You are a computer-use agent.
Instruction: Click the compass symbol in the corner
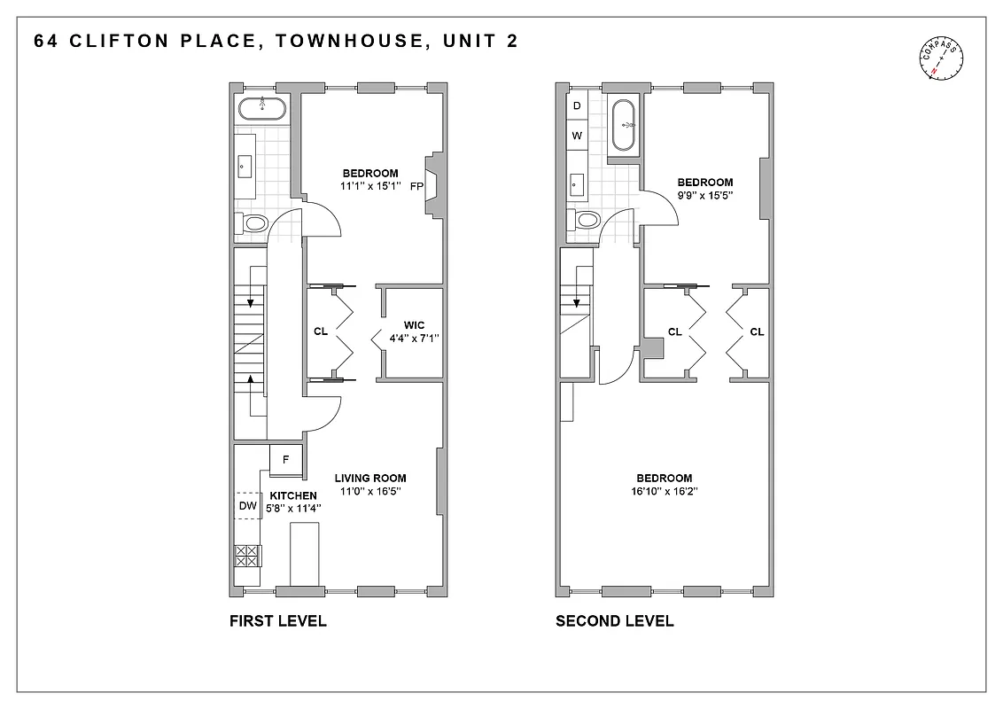pyautogui.click(x=942, y=61)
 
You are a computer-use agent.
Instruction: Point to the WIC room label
pyautogui.click(x=414, y=325)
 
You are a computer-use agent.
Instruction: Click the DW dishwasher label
pyautogui.click(x=248, y=506)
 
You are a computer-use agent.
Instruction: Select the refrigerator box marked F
pyautogui.click(x=285, y=460)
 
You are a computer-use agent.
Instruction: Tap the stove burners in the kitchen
pyautogui.click(x=246, y=556)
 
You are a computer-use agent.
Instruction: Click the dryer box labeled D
pyautogui.click(x=577, y=105)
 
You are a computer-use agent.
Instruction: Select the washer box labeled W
pyautogui.click(x=577, y=136)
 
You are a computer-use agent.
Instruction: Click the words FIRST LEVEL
pyautogui.click(x=277, y=621)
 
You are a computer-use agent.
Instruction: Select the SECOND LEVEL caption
pyautogui.click(x=614, y=621)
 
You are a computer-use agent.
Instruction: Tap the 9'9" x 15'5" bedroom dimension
pyautogui.click(x=705, y=195)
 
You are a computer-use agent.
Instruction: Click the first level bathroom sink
pyautogui.click(x=245, y=164)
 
